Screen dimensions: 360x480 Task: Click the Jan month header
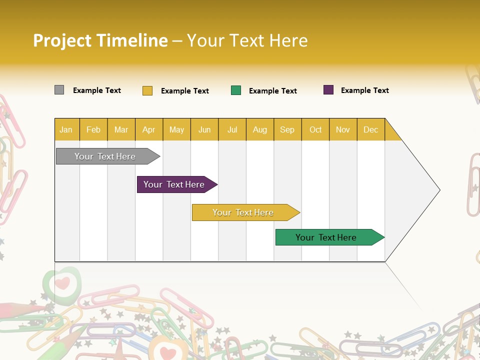click(66, 129)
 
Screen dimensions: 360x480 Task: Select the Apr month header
click(148, 129)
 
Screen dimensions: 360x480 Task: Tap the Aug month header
click(259, 129)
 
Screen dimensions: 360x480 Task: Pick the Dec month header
click(370, 129)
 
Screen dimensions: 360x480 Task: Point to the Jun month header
click(204, 129)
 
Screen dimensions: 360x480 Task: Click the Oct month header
click(315, 129)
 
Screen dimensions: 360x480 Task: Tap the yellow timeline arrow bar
click(243, 212)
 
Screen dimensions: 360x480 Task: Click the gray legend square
click(59, 90)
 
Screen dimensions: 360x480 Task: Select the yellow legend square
click(147, 90)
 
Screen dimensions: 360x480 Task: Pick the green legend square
click(236, 90)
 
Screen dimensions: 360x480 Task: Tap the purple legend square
click(328, 90)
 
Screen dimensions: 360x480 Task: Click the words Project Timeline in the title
click(100, 40)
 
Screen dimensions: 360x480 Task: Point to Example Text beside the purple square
click(364, 90)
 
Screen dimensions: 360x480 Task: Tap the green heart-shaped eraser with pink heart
click(62, 283)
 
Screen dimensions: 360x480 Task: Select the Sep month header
click(287, 129)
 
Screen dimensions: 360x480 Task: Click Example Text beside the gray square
click(96, 90)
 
